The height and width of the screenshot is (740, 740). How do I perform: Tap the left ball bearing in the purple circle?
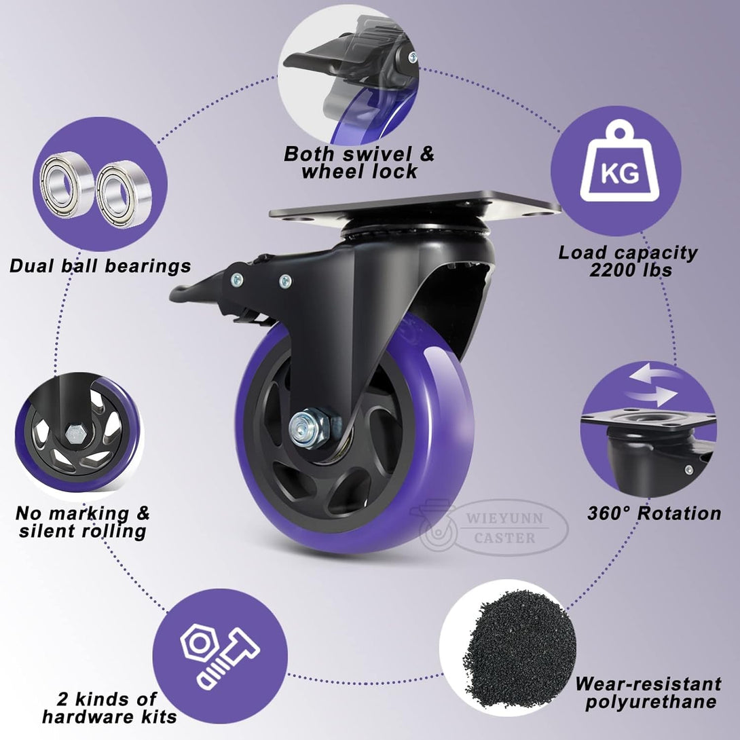click(x=66, y=184)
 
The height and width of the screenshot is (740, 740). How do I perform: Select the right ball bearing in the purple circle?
click(x=124, y=194)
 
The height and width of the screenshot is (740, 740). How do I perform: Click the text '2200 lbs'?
click(x=631, y=270)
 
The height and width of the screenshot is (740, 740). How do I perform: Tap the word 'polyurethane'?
click(x=651, y=703)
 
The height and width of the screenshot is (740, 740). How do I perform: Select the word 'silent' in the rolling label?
click(x=47, y=531)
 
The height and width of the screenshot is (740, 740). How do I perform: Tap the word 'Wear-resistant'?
click(x=648, y=684)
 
